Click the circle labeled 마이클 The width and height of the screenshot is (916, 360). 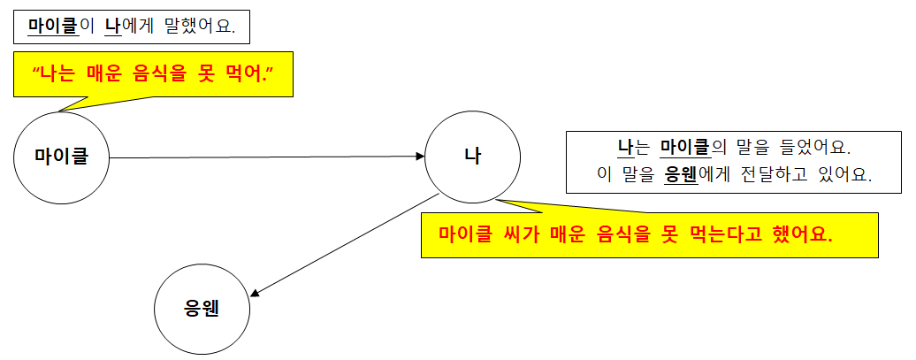[61, 157]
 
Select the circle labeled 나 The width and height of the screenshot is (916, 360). [472, 157]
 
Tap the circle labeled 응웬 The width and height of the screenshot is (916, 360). [202, 309]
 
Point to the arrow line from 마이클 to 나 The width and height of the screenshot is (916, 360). [265, 157]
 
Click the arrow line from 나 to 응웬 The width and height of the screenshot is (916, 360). [345, 242]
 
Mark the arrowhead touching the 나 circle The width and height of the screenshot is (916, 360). [421, 157]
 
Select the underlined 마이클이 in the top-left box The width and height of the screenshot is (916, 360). [61, 27]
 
